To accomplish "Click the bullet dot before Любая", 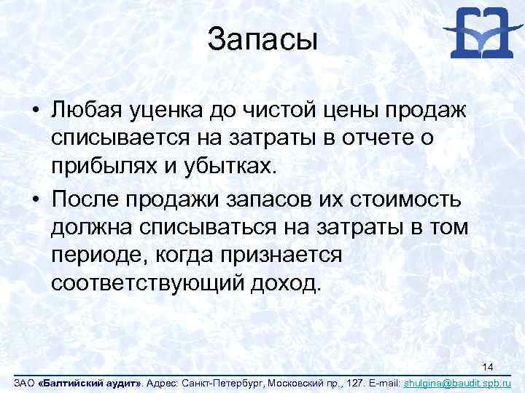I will point(35,111).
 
